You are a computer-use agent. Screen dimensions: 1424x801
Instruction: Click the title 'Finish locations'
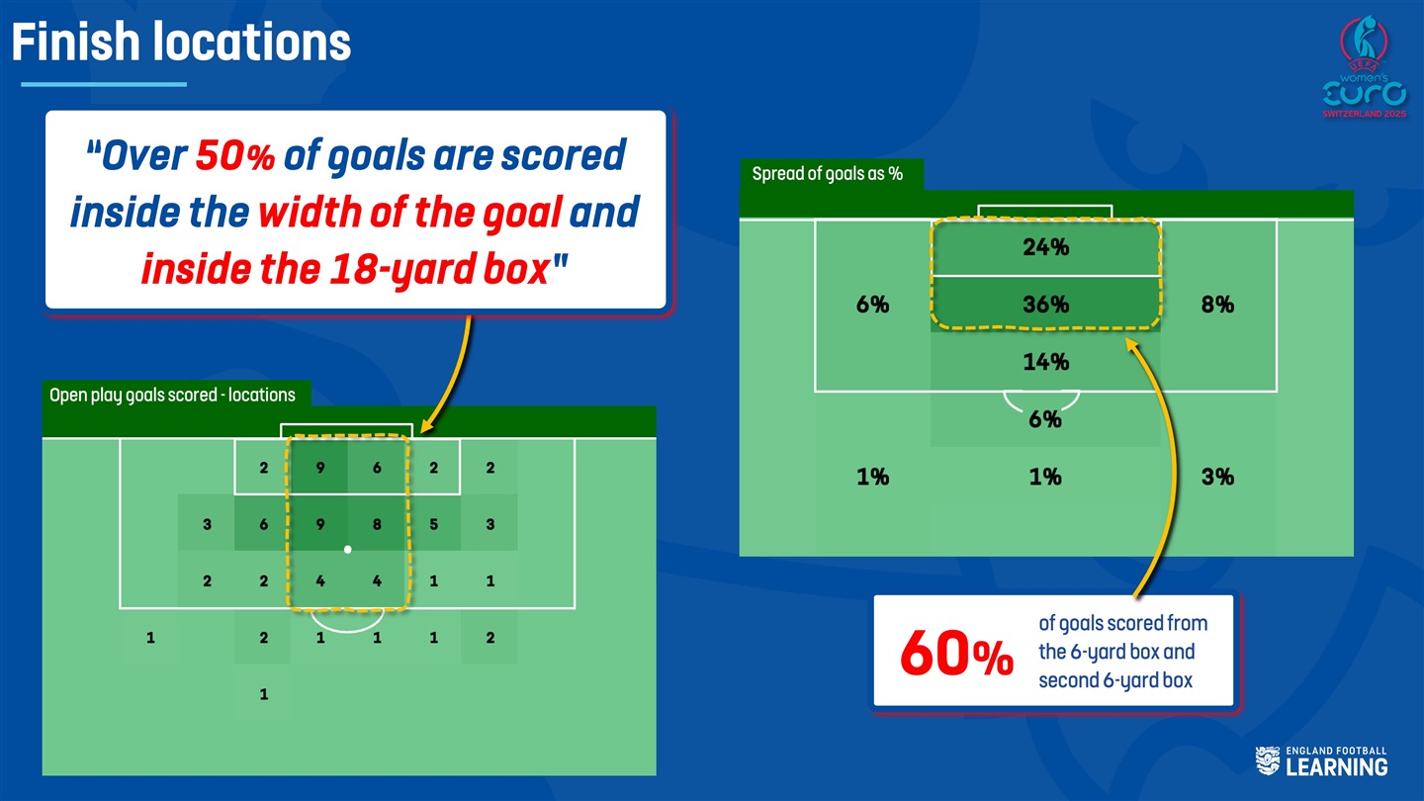pyautogui.click(x=181, y=42)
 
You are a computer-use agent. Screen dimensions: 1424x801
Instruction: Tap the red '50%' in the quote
pyautogui.click(x=234, y=155)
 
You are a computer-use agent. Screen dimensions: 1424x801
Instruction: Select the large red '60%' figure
pyautogui.click(x=957, y=653)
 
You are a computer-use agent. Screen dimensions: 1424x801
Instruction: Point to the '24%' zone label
pyautogui.click(x=1046, y=246)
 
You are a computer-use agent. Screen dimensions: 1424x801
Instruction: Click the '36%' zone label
pyautogui.click(x=1046, y=304)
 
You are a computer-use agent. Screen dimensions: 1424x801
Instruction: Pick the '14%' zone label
pyautogui.click(x=1046, y=362)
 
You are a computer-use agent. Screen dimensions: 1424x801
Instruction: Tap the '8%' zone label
pyautogui.click(x=1217, y=304)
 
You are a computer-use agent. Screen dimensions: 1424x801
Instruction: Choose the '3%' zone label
pyautogui.click(x=1217, y=477)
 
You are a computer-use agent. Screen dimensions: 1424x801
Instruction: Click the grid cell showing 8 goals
pyautogui.click(x=377, y=524)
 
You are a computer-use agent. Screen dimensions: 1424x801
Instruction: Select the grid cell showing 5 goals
pyautogui.click(x=433, y=524)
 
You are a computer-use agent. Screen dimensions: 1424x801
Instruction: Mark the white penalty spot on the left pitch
pyautogui.click(x=348, y=549)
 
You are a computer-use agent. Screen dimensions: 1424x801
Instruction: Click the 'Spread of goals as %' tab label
pyautogui.click(x=827, y=174)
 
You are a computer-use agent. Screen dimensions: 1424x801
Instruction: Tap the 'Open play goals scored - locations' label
pyautogui.click(x=172, y=395)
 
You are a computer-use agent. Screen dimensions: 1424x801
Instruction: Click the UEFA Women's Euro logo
pyautogui.click(x=1365, y=67)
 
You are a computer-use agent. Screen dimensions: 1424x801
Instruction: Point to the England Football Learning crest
pyautogui.click(x=1267, y=761)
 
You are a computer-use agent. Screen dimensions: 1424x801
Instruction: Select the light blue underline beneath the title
pyautogui.click(x=104, y=84)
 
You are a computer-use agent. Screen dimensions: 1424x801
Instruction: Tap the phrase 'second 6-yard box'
pyautogui.click(x=1115, y=680)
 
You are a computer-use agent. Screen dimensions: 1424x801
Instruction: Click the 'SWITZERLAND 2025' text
pyautogui.click(x=1365, y=114)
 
